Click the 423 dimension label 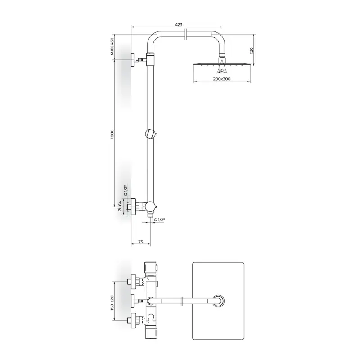(179, 25)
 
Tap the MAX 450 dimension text (112, 46)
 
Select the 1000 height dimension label (112, 134)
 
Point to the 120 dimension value (252, 50)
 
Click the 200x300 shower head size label (222, 79)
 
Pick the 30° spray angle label (222, 70)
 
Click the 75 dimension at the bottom (141, 242)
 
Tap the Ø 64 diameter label (119, 206)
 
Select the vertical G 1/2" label (126, 190)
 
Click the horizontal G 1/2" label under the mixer (159, 220)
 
